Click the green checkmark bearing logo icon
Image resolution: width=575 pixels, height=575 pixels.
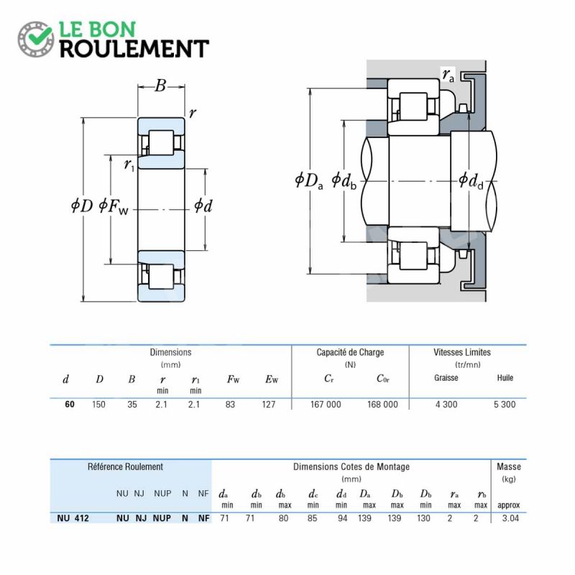35,39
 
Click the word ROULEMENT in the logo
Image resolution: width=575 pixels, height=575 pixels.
134,49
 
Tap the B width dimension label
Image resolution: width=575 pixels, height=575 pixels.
160,86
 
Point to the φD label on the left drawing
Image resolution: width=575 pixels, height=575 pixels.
82,206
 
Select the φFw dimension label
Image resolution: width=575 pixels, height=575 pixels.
114,206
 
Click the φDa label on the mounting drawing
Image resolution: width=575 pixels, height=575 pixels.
309,181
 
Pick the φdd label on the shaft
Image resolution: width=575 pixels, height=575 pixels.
471,181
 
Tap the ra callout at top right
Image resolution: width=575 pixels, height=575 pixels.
448,75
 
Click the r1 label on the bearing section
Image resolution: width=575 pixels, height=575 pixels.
129,165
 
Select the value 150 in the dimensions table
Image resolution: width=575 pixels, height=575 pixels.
98,405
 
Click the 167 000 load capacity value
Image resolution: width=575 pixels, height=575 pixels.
326,405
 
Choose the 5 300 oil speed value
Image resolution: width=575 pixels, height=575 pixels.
505,405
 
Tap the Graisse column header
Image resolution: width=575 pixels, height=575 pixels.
446,378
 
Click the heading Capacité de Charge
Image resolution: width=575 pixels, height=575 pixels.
350,352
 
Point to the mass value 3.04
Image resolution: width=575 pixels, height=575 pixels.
510,518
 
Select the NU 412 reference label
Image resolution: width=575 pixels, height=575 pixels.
73,518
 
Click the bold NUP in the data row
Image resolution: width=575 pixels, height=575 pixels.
162,518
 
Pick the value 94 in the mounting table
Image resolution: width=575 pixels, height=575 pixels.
343,518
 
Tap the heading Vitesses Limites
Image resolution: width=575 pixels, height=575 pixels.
462,352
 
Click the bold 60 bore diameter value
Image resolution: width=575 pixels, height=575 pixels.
70,405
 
